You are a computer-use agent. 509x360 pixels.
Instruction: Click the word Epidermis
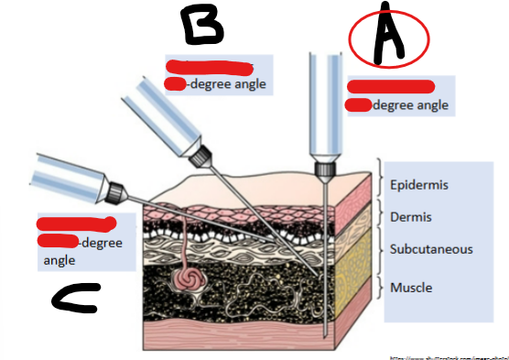coord(418,185)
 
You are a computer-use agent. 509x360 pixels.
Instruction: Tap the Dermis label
coord(410,218)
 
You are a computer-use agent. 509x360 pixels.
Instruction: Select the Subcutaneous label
coord(431,249)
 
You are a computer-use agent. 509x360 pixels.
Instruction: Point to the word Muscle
coord(411,288)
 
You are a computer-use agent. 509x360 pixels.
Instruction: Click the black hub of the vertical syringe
coord(322,169)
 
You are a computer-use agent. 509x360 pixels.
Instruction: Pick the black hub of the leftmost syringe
coord(115,193)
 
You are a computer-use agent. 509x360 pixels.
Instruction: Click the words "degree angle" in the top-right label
coord(411,105)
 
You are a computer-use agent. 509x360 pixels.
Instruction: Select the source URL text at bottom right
coord(448,356)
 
